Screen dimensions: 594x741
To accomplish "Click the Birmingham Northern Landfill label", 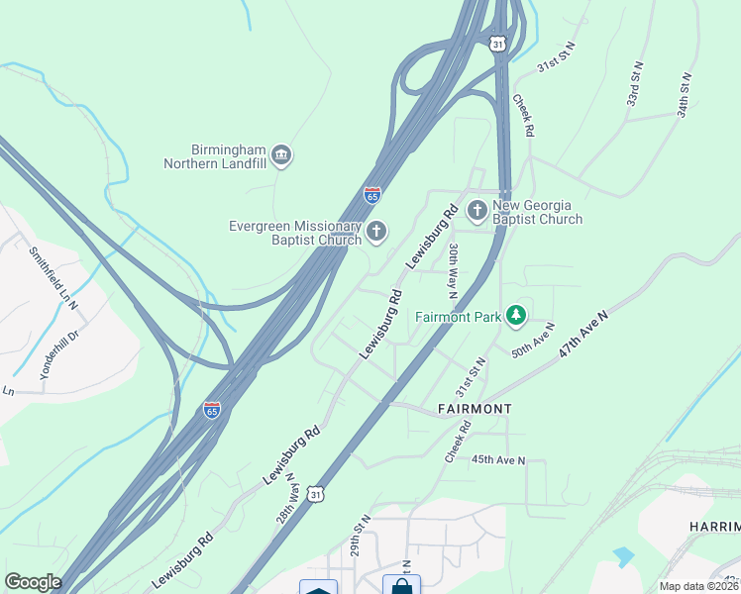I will click(x=215, y=155).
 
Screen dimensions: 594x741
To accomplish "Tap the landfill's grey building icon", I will click(x=280, y=155).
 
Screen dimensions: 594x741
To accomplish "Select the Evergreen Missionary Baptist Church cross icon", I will click(x=375, y=232).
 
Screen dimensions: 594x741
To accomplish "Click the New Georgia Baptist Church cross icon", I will click(x=476, y=210).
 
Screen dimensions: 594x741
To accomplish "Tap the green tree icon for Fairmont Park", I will click(x=515, y=316).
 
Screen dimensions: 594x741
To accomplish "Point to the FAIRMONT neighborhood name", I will click(x=475, y=409).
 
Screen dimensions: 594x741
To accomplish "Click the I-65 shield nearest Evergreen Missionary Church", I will click(x=372, y=195).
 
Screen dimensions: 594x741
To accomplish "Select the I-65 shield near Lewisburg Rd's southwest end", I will click(x=212, y=409).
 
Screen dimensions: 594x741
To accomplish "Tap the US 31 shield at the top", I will click(x=497, y=43).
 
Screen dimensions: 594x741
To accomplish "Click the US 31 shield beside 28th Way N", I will click(x=315, y=492).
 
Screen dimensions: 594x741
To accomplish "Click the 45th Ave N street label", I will click(x=498, y=460).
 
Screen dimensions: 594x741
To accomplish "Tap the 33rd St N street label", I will click(x=635, y=89).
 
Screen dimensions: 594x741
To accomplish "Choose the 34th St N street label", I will click(x=684, y=95).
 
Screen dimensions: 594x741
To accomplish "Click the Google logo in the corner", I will click(x=33, y=582).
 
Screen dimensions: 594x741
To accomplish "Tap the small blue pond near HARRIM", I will click(x=623, y=556).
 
